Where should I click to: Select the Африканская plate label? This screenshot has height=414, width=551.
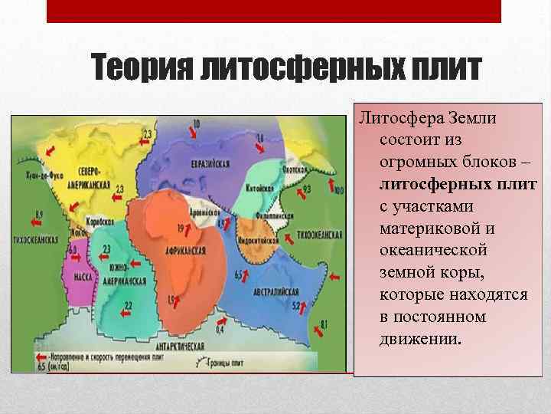click(184, 251)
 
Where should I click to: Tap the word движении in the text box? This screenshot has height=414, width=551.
click(420, 338)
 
